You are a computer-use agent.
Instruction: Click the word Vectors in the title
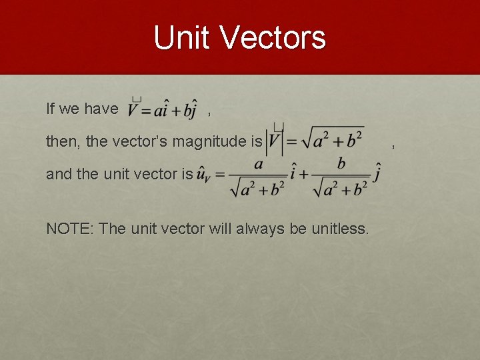pos(274,37)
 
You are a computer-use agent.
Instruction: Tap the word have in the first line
pos(101,109)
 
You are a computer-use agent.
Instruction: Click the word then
pos(62,141)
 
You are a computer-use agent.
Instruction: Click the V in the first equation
pos(135,110)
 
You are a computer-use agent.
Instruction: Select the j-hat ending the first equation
pos(193,111)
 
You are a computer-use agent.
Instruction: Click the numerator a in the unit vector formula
pos(258,163)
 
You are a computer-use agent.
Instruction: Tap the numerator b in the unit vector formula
pos(341,163)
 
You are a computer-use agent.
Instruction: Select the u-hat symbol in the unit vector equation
pos(204,175)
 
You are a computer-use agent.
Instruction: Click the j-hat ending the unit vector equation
pos(377,174)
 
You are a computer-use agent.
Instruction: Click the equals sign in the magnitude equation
pos(291,141)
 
